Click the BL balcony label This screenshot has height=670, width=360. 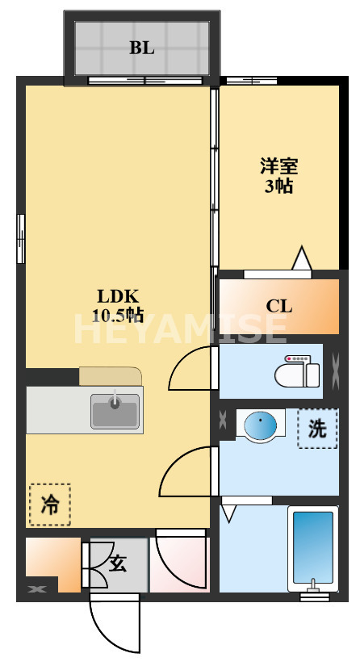(142, 48)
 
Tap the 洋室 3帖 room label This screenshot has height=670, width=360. (278, 176)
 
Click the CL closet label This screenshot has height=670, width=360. (279, 307)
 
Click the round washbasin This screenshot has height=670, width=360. (260, 426)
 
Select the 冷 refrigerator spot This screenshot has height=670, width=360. (50, 505)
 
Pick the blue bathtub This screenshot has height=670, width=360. (311, 549)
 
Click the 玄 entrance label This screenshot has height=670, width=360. (119, 563)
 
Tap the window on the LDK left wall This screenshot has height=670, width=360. (20, 238)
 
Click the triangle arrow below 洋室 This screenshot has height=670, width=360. (301, 259)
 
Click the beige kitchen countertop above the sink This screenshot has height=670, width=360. (110, 376)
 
